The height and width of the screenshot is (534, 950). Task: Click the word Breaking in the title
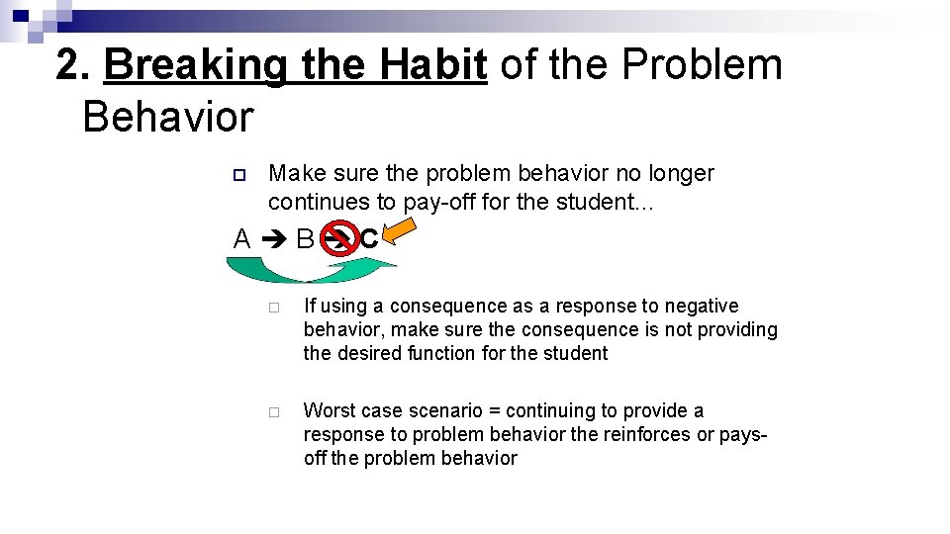click(x=195, y=66)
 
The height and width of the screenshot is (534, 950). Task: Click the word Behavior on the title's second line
click(x=168, y=117)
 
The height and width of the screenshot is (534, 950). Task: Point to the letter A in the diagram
click(x=241, y=239)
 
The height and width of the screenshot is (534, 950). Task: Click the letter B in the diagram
click(x=305, y=239)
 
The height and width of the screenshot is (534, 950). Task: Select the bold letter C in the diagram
click(x=369, y=238)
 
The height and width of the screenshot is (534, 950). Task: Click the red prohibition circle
click(x=339, y=238)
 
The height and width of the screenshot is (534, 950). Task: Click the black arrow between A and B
click(x=273, y=239)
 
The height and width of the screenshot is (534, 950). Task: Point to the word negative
click(x=702, y=307)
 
